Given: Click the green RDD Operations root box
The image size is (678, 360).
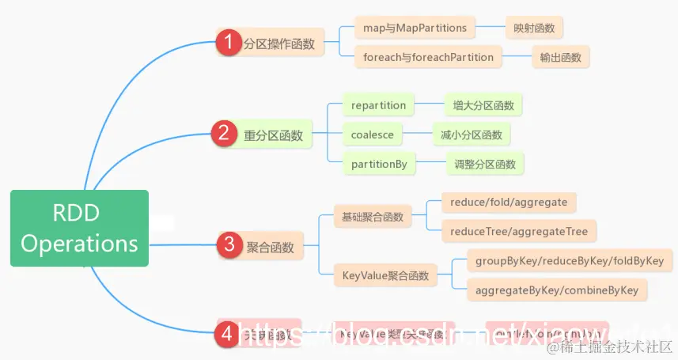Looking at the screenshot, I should (x=79, y=228).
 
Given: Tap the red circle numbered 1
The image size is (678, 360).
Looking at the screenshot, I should (x=229, y=44).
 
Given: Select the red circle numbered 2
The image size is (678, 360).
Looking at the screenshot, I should (x=224, y=134).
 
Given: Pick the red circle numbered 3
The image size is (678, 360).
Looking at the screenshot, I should (x=229, y=245).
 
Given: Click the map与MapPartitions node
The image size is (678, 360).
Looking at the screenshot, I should (x=415, y=28).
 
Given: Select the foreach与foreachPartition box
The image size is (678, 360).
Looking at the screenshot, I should (x=427, y=57).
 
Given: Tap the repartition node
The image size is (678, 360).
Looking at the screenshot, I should (x=378, y=105).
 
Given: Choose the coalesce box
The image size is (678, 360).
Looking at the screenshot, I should (x=372, y=135).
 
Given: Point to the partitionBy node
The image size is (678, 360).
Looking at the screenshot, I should (x=378, y=164).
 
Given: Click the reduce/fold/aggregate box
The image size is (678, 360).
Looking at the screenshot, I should (x=508, y=203).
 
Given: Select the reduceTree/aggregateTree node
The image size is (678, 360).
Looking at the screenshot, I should (x=519, y=231).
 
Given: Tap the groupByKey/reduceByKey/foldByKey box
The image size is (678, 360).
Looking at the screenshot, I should (x=569, y=260).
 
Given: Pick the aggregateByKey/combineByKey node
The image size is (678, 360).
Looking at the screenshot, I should (x=556, y=290).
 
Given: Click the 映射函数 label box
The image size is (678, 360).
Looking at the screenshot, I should (x=534, y=28).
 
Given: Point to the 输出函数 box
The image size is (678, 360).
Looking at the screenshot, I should (x=560, y=57).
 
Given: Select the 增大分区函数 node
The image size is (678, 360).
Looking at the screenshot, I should (x=483, y=105).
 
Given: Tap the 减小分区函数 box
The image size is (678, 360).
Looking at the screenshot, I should (x=472, y=135).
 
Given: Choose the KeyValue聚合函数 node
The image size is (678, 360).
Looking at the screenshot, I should (x=385, y=275).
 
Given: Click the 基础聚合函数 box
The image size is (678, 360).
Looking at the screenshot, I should (x=372, y=216).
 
